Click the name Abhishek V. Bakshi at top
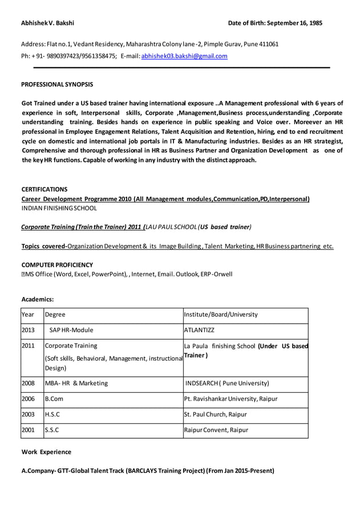point(47,23)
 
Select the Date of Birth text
point(275,23)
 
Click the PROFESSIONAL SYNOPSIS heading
point(57,84)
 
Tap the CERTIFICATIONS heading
point(45,189)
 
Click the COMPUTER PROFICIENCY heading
point(57,265)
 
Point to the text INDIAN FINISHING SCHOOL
point(59,209)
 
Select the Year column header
point(28,315)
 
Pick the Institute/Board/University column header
point(221,315)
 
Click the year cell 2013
point(28,330)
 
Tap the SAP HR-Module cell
point(71,330)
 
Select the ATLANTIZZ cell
point(199,330)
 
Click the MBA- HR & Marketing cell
point(76,384)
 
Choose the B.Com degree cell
point(54,399)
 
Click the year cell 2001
point(28,430)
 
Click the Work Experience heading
point(46,452)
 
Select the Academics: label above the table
point(38,299)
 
